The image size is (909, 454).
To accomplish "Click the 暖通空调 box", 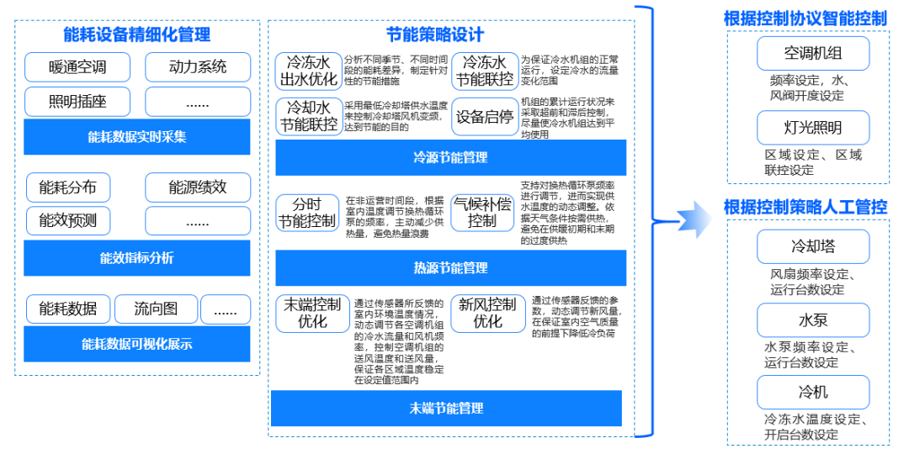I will [x=77, y=66].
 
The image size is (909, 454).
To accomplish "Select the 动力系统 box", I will [x=198, y=66].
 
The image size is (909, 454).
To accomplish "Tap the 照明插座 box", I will [x=77, y=102].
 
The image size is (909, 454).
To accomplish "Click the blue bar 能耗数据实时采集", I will [x=137, y=137].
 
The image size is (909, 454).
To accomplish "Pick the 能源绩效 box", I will [x=198, y=187].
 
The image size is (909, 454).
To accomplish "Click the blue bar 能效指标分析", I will [x=137, y=257].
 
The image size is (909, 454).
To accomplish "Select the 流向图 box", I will [x=156, y=309].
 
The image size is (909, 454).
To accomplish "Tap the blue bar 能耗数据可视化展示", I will [x=137, y=344].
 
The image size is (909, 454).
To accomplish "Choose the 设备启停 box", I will [x=485, y=117].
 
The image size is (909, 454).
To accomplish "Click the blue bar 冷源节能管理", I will [x=450, y=157].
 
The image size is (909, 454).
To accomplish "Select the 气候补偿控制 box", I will [x=482, y=213].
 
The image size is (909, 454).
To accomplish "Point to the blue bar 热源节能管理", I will [x=450, y=268].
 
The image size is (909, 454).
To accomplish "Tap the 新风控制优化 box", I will [x=487, y=313].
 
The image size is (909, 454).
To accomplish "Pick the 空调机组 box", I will [x=812, y=53].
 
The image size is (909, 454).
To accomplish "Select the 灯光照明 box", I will [x=812, y=128].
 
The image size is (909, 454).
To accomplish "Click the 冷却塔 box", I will [x=812, y=247].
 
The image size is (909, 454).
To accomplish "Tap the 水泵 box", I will [x=812, y=320].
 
